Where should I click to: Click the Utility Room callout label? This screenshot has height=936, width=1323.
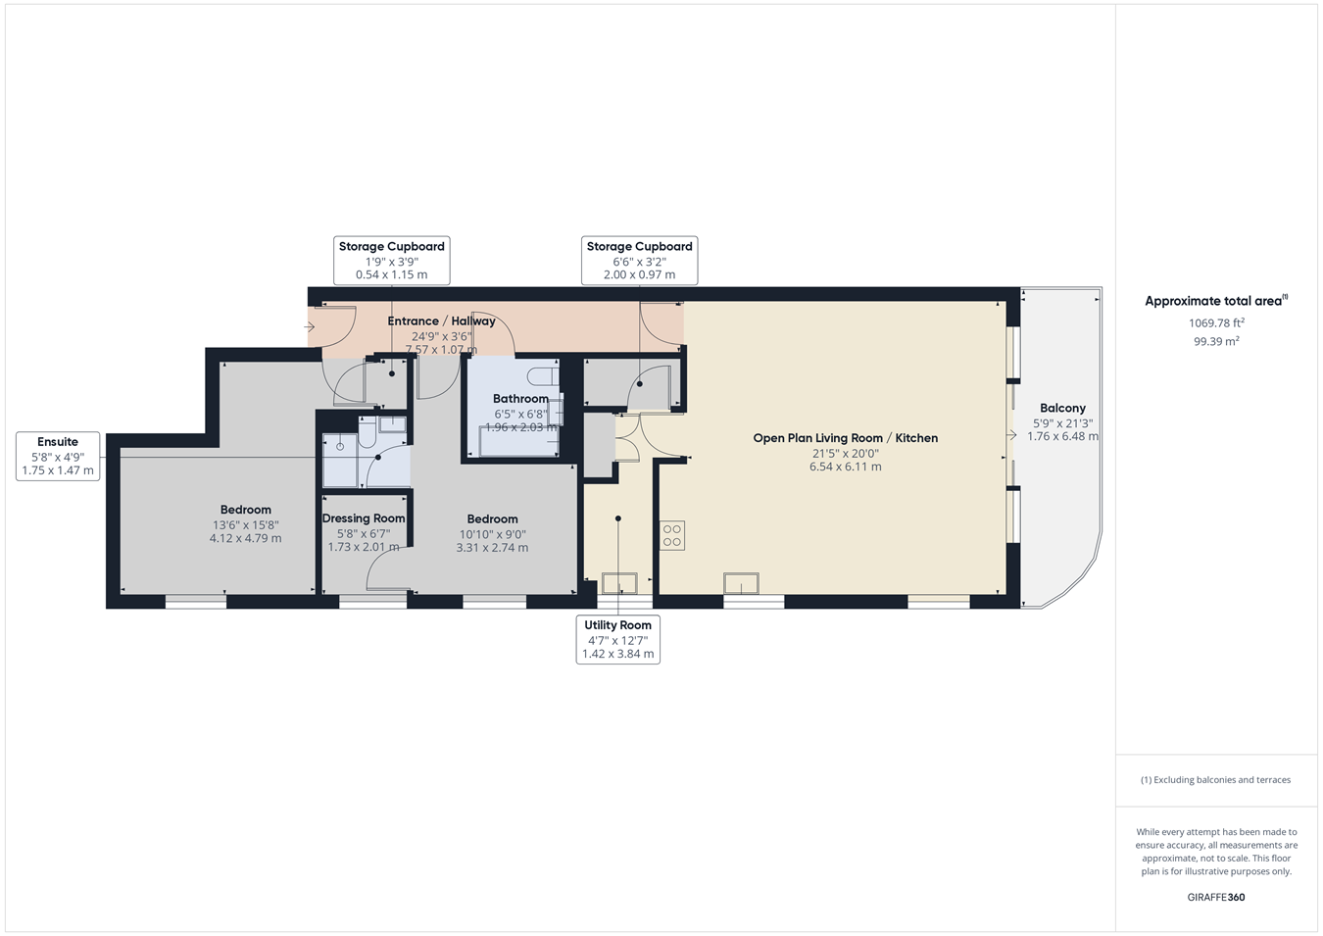pyautogui.click(x=617, y=640)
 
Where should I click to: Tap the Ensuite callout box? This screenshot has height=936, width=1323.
pyautogui.click(x=58, y=456)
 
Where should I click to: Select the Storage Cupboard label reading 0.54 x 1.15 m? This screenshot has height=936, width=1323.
pyautogui.click(x=392, y=261)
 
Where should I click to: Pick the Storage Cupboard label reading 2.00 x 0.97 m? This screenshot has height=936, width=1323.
pyautogui.click(x=639, y=261)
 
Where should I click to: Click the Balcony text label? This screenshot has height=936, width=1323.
pyautogui.click(x=1062, y=408)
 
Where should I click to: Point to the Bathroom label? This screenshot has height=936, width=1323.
pyautogui.click(x=520, y=399)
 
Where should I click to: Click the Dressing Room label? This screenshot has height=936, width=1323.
pyautogui.click(x=364, y=518)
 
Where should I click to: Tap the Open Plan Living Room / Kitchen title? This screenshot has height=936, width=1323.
pyautogui.click(x=845, y=438)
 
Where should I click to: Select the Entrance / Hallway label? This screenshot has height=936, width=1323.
pyautogui.click(x=441, y=321)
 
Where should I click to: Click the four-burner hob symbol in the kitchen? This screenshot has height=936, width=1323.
pyautogui.click(x=672, y=535)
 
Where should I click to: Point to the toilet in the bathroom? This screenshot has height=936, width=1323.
pyautogui.click(x=543, y=376)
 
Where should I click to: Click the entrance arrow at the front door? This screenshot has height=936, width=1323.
pyautogui.click(x=309, y=326)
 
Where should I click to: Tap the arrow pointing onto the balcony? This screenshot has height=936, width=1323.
pyautogui.click(x=1011, y=435)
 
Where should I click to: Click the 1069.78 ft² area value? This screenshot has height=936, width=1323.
pyautogui.click(x=1216, y=322)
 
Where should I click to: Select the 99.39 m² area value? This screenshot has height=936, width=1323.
pyautogui.click(x=1216, y=341)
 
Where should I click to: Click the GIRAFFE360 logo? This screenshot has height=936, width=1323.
pyautogui.click(x=1215, y=897)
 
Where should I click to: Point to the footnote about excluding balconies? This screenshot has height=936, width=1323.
pyautogui.click(x=1215, y=779)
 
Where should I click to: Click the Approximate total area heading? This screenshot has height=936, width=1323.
pyautogui.click(x=1216, y=301)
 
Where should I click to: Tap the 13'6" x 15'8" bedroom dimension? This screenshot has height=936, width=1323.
pyautogui.click(x=246, y=525)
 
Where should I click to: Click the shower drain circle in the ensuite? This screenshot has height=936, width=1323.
pyautogui.click(x=340, y=447)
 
